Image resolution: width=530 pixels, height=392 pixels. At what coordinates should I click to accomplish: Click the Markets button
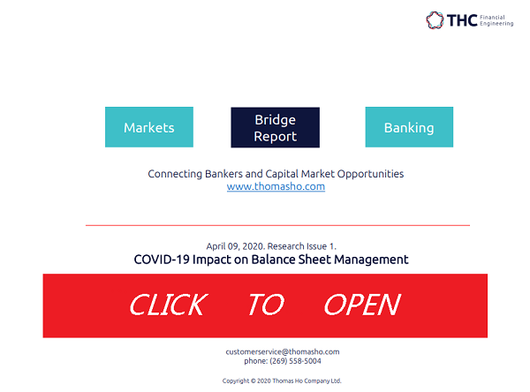click(149, 127)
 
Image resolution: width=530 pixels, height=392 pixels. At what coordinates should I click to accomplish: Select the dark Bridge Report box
click(275, 127)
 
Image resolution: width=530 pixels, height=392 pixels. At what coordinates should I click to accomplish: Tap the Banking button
click(409, 127)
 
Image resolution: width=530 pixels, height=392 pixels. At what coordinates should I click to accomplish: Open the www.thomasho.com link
click(276, 186)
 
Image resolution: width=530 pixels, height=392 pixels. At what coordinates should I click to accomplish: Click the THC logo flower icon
click(435, 20)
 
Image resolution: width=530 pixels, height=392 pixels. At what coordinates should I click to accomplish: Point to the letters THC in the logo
click(462, 20)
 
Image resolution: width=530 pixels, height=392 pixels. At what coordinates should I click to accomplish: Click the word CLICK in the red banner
click(169, 305)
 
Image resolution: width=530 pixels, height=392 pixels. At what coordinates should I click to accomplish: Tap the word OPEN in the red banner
click(362, 305)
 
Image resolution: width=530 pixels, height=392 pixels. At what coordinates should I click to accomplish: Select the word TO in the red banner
click(267, 305)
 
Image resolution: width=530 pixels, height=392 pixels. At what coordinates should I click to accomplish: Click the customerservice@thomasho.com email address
click(283, 351)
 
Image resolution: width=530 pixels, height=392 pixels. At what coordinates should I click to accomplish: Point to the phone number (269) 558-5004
click(295, 361)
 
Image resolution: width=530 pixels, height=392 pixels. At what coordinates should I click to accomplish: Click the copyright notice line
click(282, 381)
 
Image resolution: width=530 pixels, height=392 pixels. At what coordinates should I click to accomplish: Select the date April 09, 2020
click(236, 246)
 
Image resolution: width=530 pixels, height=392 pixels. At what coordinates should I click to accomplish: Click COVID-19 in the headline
click(162, 260)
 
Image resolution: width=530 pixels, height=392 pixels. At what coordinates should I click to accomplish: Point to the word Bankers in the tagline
click(223, 174)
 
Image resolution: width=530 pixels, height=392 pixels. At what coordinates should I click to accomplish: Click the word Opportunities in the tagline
click(370, 174)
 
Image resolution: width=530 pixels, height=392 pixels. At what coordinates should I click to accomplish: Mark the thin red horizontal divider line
click(278, 225)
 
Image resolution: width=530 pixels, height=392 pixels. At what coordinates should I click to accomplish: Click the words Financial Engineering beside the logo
click(496, 20)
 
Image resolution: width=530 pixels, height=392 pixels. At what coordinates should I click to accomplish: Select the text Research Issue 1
click(302, 246)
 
